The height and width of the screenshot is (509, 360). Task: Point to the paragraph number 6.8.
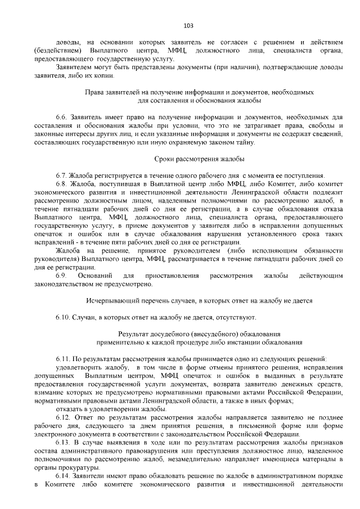62,184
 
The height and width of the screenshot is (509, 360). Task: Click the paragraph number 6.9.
61,276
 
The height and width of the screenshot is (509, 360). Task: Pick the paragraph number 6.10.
63,317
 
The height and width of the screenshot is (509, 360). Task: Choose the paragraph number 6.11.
63,359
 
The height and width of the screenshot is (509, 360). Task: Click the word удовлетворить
80,367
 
